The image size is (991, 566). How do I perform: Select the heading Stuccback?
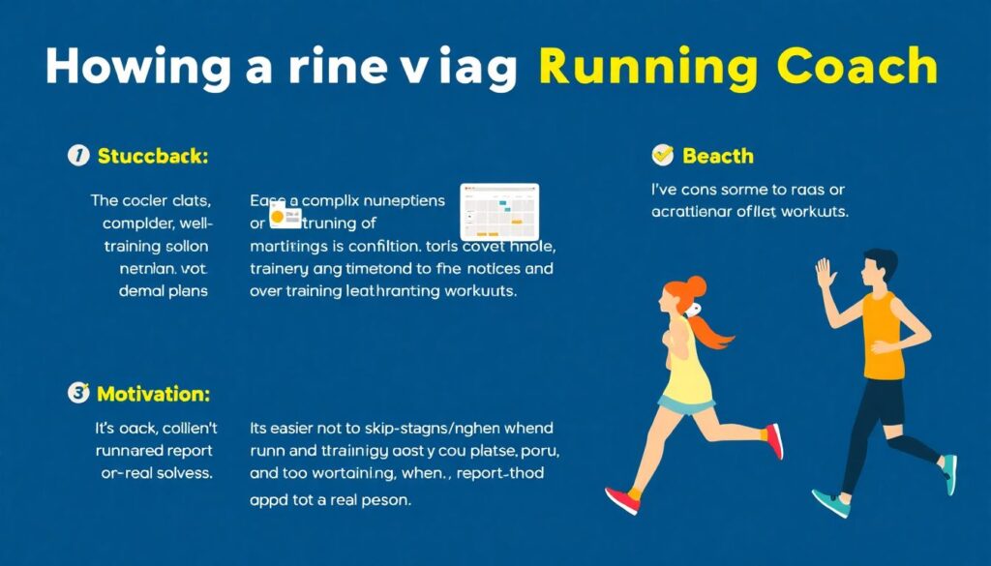(152, 156)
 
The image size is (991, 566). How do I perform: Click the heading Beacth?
(717, 156)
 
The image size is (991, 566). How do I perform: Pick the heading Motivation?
(154, 394)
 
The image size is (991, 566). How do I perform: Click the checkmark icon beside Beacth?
(663, 155)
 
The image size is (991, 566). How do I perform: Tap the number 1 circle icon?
(77, 156)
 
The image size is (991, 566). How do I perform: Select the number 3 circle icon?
(77, 393)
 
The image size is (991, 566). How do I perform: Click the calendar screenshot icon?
(499, 211)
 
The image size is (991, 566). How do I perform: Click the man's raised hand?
(826, 274)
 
